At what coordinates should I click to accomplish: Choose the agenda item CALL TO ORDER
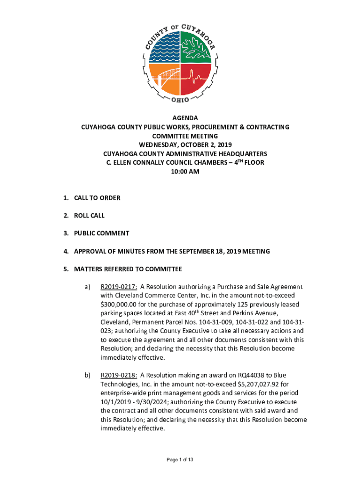(x=97, y=198)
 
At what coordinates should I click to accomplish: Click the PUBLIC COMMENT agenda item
(x=101, y=233)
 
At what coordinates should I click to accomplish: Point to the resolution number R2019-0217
(x=119, y=287)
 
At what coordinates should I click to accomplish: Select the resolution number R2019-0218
(x=119, y=375)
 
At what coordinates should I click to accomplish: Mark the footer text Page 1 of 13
(x=180, y=460)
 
